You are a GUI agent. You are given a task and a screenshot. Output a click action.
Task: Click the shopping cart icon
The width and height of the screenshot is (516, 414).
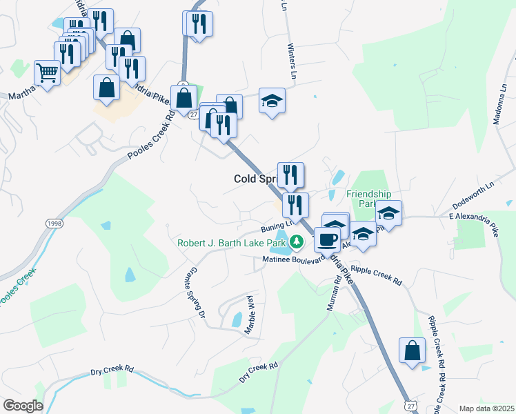pos(47,71)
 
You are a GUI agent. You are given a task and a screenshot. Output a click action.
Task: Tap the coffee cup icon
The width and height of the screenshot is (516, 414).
pos(327,239)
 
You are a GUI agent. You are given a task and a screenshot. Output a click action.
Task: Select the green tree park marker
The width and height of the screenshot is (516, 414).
pos(296,242)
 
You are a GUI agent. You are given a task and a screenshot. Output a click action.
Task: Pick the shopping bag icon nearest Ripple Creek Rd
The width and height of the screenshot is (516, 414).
pos(412,350)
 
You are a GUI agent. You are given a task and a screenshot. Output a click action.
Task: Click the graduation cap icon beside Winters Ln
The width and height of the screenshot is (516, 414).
pos(272,101)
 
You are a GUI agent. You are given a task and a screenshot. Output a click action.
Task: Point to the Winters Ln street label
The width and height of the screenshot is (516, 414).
pos(293,63)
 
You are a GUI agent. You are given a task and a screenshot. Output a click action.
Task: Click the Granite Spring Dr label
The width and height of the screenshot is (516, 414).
pos(198,293)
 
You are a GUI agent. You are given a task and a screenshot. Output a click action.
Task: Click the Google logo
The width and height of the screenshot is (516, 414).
pos(23,406)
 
